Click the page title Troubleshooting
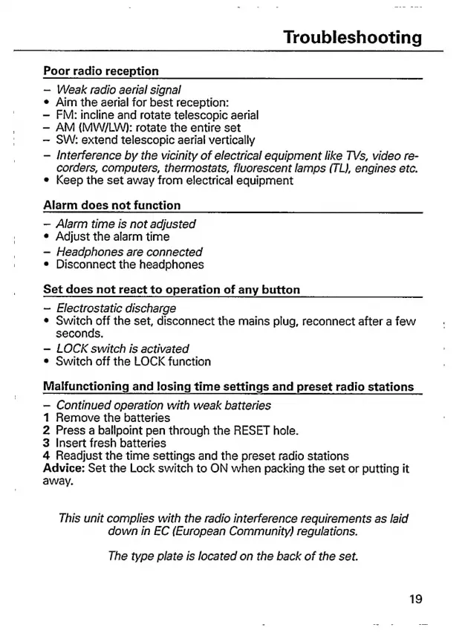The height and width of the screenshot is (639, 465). click(x=353, y=37)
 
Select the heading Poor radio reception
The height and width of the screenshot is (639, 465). click(x=101, y=71)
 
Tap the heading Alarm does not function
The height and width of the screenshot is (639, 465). click(x=112, y=205)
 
